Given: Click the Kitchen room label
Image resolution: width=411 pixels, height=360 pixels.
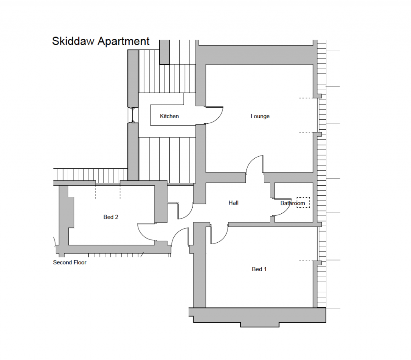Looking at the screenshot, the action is click(169, 116).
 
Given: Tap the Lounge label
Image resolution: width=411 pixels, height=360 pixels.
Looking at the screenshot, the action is click(260, 116).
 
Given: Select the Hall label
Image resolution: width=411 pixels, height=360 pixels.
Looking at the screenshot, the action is click(233, 203).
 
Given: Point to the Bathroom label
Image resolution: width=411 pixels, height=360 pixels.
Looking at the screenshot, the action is click(293, 203).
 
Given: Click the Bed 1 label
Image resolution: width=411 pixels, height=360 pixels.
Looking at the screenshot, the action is click(259, 269).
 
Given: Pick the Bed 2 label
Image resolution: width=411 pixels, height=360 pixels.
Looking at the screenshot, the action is click(111, 217).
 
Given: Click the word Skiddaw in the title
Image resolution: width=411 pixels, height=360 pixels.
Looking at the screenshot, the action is click(73, 41).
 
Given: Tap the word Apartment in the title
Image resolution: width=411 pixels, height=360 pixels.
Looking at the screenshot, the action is click(124, 42).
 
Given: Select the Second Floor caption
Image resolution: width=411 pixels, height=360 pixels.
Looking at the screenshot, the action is click(69, 262).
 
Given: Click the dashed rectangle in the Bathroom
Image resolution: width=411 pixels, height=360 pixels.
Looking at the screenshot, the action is click(303, 202).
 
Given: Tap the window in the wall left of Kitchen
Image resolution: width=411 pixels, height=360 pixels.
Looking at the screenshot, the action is click(133, 115).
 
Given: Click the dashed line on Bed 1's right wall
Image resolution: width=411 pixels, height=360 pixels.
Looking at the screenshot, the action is click(306, 261).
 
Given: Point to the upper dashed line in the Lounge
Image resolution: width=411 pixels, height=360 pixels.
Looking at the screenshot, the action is click(306, 98).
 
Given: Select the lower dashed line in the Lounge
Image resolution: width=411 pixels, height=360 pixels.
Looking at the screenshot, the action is click(306, 132).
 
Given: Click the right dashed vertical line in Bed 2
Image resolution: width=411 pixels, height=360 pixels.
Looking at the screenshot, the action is click(120, 192).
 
